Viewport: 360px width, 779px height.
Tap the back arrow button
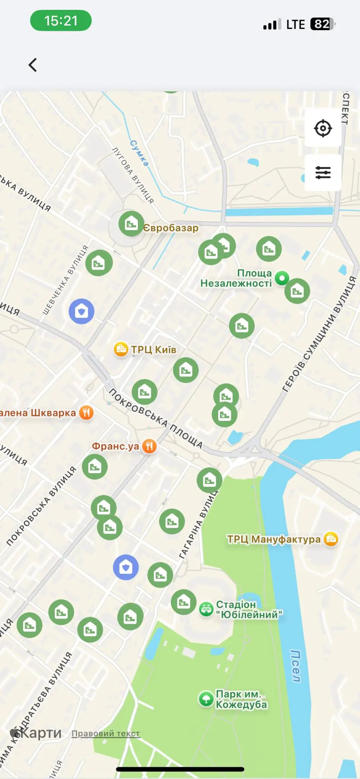point(33,65)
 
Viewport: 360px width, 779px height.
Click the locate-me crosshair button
point(323,128)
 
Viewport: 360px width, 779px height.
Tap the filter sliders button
point(323,173)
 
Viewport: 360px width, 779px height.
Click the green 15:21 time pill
point(61,21)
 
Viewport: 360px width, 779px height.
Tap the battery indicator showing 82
point(322,24)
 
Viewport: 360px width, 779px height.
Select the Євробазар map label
point(171,228)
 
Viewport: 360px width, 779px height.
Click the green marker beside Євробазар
point(131,224)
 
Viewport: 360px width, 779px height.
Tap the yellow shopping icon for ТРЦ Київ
point(121,349)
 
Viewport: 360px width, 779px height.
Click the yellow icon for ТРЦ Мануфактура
point(331,539)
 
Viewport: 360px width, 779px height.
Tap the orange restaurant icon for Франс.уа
point(150,446)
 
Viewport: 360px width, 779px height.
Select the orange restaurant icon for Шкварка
point(86,412)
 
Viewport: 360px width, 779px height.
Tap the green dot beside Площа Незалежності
point(282,278)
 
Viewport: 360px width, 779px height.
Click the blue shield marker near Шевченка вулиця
point(81,312)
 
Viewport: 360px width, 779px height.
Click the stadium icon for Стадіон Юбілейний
point(206,609)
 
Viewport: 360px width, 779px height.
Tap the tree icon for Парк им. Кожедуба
point(206,699)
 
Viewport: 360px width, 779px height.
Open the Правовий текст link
point(106,733)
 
